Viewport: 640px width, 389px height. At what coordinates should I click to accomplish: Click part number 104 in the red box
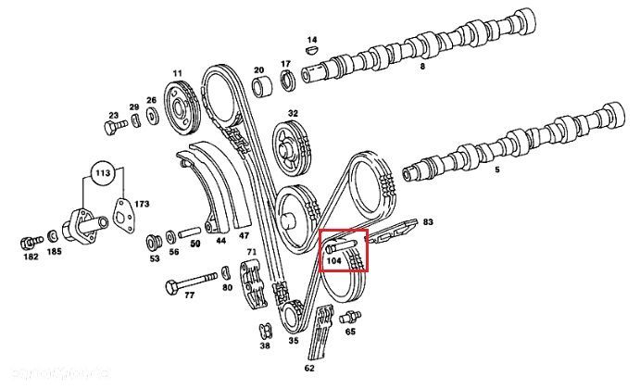(x=334, y=262)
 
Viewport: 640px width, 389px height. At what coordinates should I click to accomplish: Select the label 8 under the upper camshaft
(x=422, y=68)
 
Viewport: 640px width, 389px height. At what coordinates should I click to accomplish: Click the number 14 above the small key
(x=312, y=40)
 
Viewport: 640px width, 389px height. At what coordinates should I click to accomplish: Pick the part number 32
(x=293, y=113)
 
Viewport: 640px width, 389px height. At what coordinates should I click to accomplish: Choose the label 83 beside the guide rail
(x=428, y=222)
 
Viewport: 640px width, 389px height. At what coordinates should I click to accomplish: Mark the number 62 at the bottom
(x=309, y=368)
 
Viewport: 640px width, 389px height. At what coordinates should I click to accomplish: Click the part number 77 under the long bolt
(x=190, y=296)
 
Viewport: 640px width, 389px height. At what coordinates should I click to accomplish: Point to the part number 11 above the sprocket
(x=177, y=72)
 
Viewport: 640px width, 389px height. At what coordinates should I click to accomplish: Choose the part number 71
(x=249, y=253)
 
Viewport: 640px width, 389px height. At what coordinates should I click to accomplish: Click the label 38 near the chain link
(x=265, y=345)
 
